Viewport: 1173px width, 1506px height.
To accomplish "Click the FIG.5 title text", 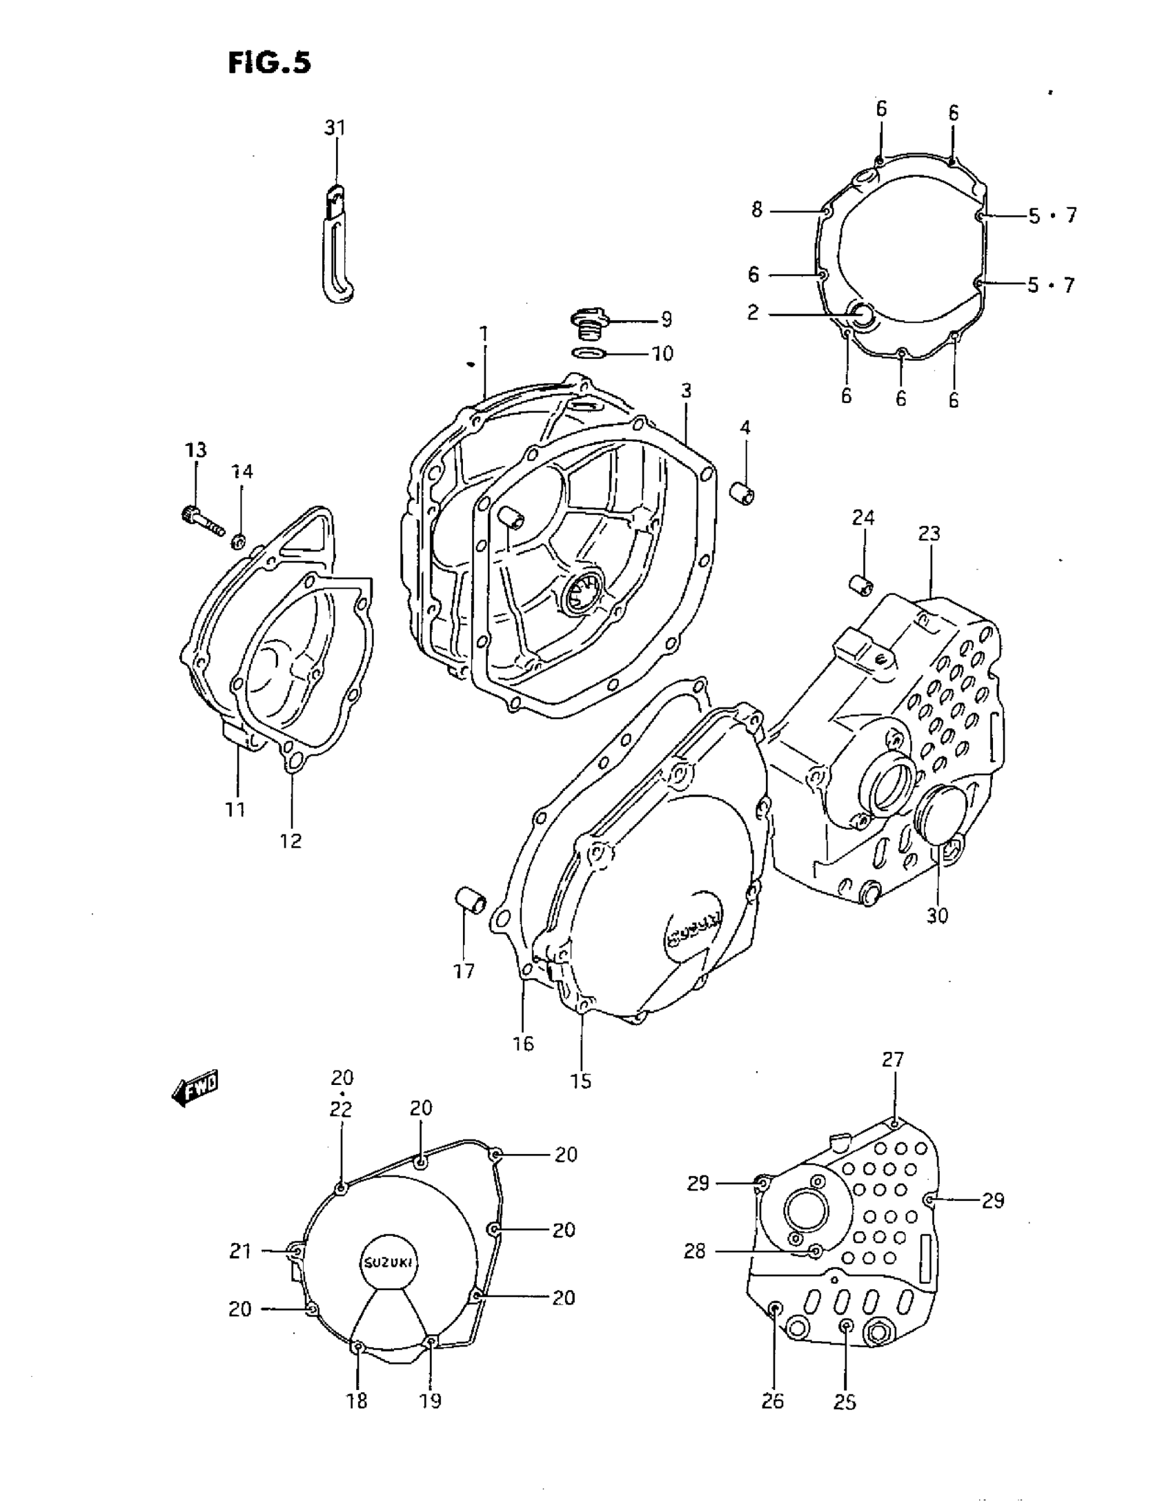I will click(x=269, y=63).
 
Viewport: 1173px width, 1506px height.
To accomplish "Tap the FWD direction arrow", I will click(x=195, y=1090).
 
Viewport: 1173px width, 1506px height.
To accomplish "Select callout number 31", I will click(x=335, y=128).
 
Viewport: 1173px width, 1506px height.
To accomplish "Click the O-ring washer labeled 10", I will click(x=589, y=354).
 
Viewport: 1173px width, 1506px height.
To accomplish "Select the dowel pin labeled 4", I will click(x=742, y=494).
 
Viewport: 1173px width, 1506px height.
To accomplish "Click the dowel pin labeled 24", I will click(x=860, y=585).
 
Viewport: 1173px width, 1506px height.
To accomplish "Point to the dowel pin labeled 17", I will click(x=471, y=901).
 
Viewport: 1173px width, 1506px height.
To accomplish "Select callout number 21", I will click(x=240, y=1251).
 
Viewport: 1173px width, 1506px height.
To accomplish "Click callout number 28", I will click(x=695, y=1251).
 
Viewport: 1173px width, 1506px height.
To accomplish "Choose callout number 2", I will click(x=753, y=313).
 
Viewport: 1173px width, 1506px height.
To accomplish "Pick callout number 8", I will click(x=757, y=210).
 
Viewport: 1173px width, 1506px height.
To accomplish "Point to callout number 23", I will click(x=929, y=534).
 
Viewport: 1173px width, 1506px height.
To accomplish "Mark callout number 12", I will click(x=290, y=841).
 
